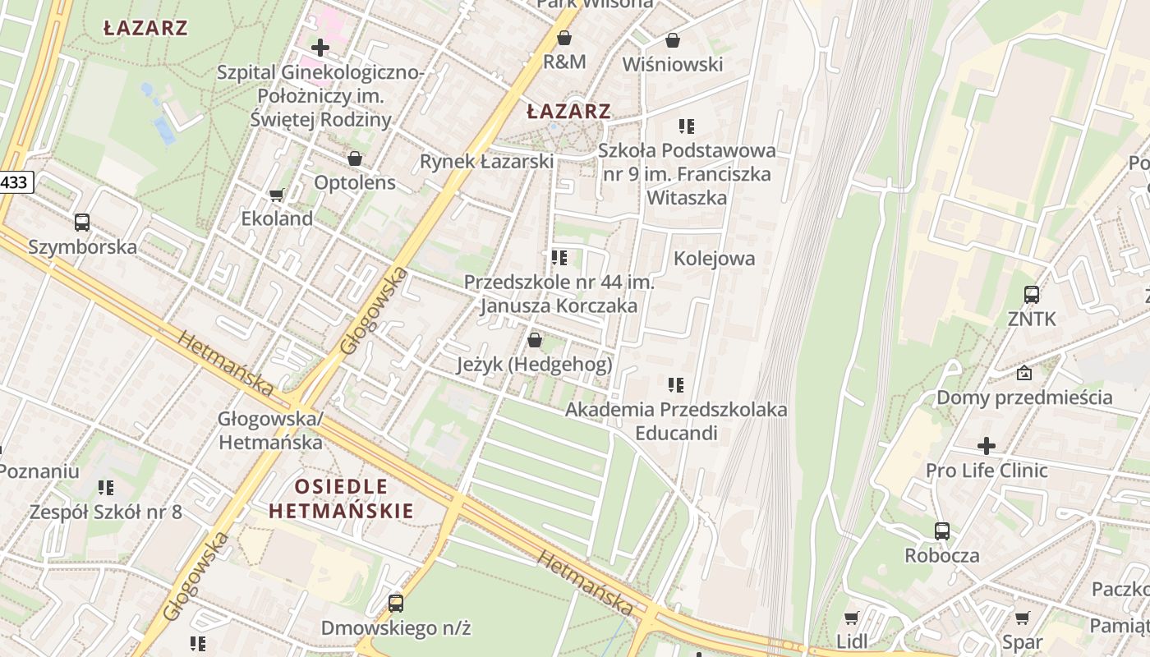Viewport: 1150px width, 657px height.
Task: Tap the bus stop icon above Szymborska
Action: point(82,223)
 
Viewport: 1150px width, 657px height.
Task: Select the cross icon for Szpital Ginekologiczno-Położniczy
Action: point(320,48)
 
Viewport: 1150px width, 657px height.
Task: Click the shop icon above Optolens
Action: point(355,159)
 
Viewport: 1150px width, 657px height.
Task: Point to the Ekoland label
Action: point(277,218)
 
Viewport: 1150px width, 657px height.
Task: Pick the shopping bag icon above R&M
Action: point(564,38)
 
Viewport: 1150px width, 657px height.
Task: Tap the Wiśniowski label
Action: point(673,64)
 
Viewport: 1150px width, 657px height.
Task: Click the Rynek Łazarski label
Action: point(486,162)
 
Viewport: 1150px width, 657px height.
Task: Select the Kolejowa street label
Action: point(714,259)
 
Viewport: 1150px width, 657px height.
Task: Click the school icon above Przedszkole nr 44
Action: point(559,258)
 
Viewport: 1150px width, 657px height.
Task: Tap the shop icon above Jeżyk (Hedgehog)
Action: point(535,340)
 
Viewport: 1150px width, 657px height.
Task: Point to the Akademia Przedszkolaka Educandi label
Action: point(676,420)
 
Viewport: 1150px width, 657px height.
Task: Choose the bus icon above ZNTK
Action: point(1032,294)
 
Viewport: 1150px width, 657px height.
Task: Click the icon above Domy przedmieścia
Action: point(1024,373)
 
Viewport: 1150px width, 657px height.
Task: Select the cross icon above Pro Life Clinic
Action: point(987,446)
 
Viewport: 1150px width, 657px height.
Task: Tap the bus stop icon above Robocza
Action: point(942,531)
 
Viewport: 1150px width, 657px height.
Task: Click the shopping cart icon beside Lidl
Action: point(852,618)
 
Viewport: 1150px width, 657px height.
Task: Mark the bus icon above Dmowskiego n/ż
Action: point(396,604)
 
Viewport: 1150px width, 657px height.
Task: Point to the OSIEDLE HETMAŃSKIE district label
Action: point(341,498)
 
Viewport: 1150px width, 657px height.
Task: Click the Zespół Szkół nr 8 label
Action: point(105,512)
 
